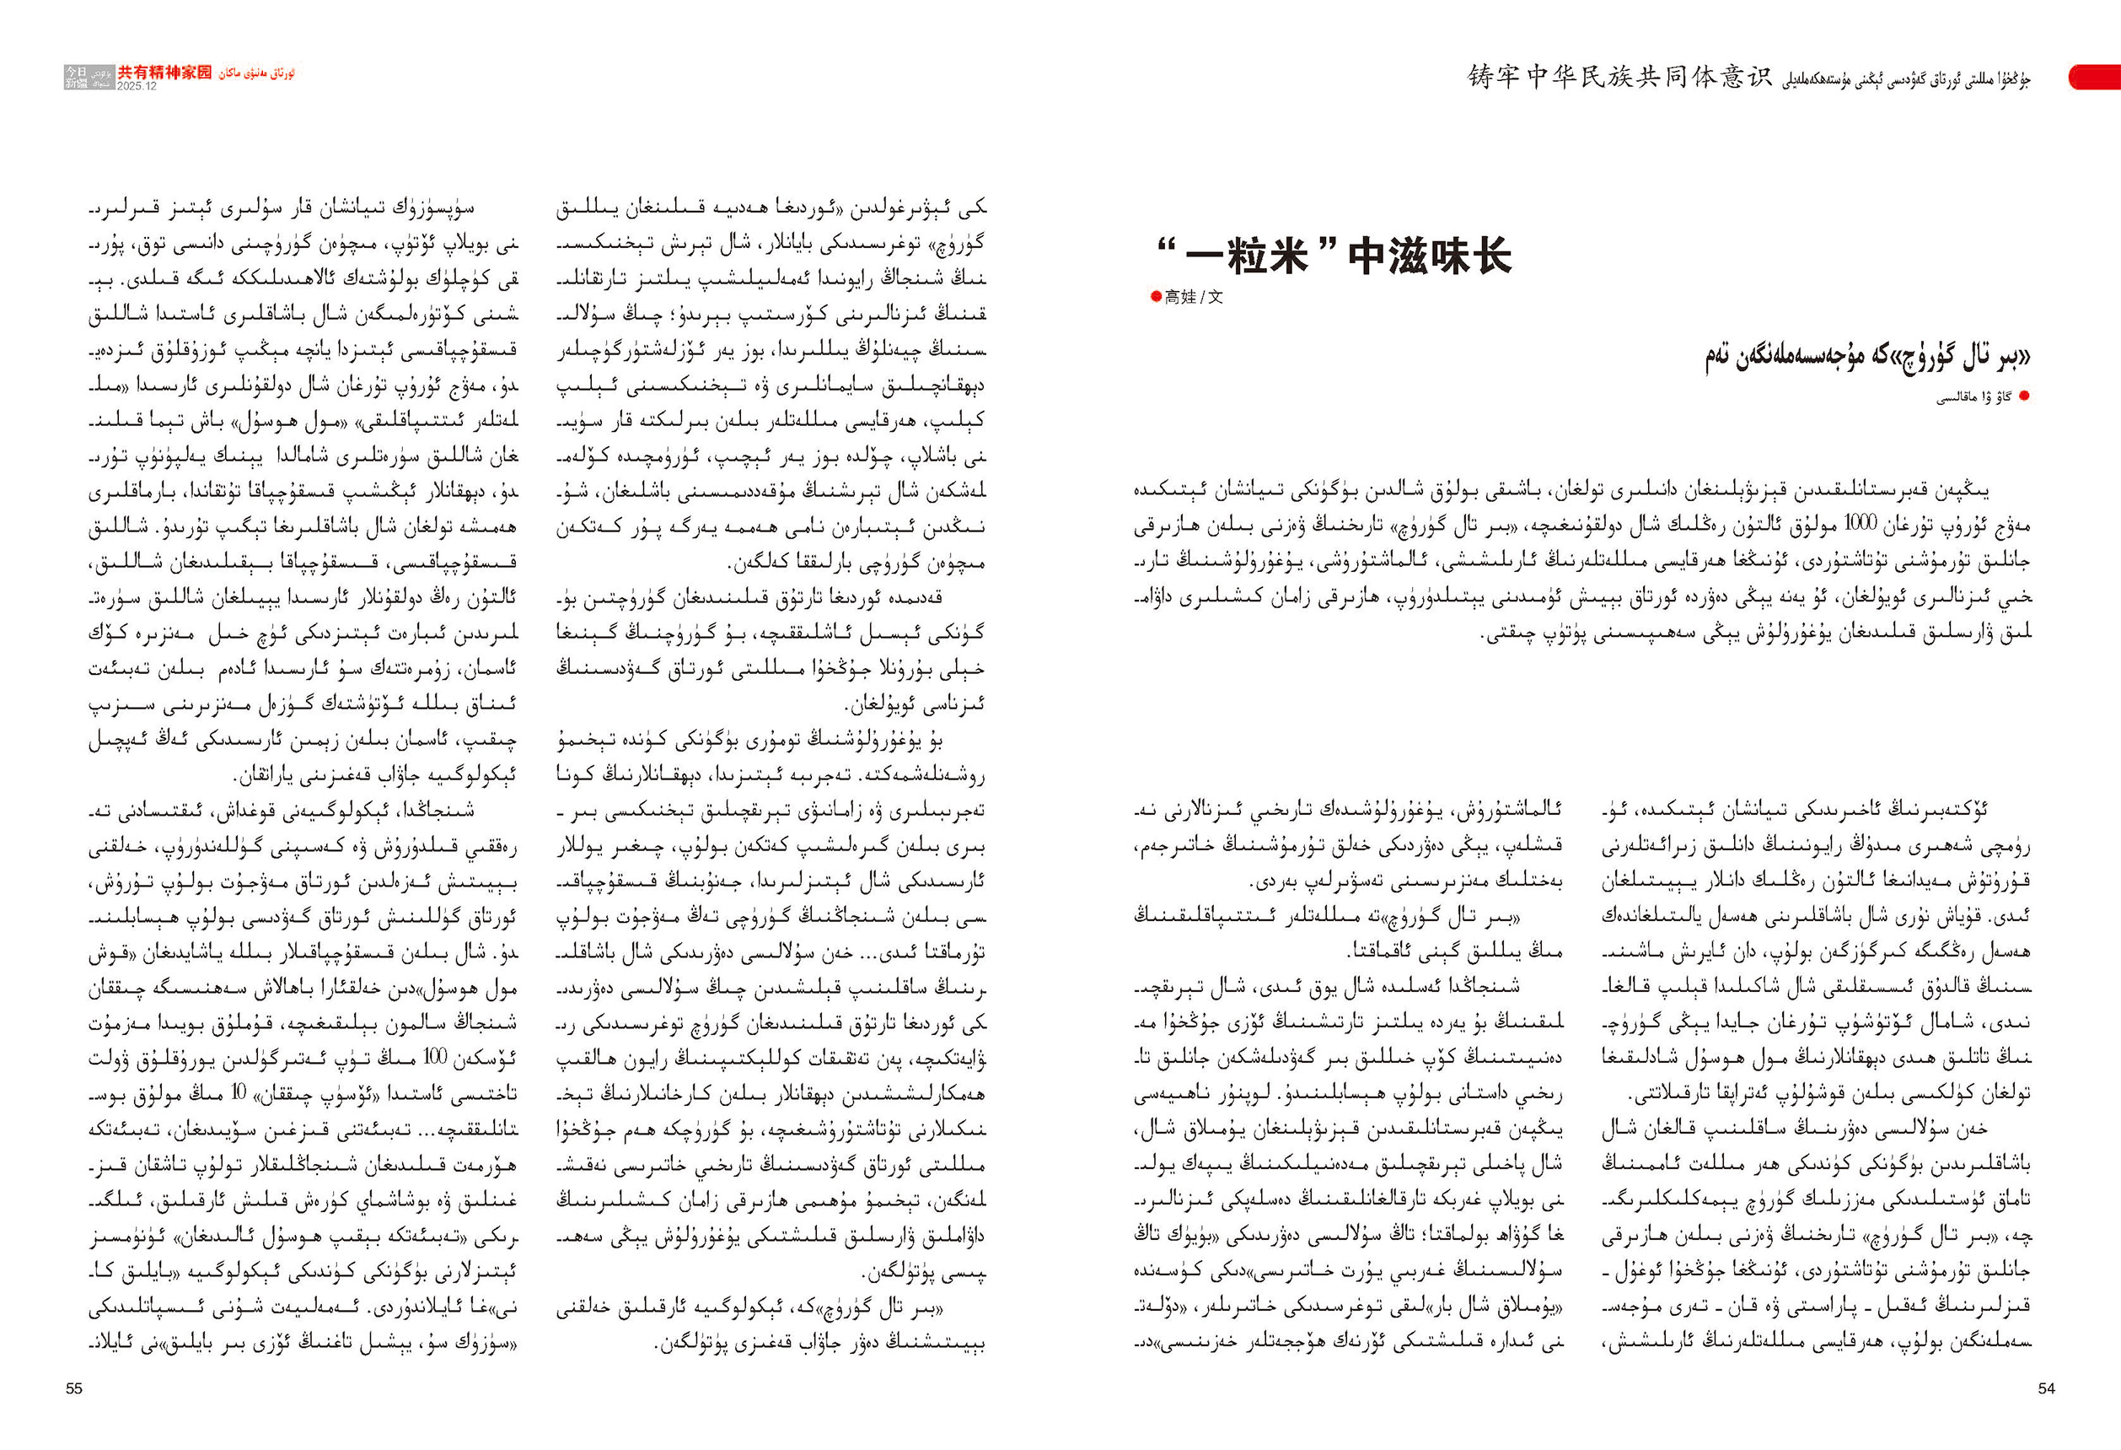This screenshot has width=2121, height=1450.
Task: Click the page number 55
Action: (x=74, y=1388)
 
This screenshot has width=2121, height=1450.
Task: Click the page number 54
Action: (x=2046, y=1388)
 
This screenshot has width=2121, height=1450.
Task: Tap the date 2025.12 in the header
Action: (x=137, y=86)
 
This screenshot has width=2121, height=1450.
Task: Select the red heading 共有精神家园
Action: (x=164, y=73)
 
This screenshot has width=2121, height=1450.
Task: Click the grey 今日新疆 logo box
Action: (x=77, y=77)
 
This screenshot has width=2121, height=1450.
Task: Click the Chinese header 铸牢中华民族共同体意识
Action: (x=1619, y=78)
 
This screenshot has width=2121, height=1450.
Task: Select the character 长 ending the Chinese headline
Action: (x=1489, y=256)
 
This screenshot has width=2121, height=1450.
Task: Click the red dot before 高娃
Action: (x=1157, y=297)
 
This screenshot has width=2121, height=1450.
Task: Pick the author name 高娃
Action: (x=1180, y=297)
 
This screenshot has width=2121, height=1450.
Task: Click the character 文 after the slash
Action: (x=1216, y=297)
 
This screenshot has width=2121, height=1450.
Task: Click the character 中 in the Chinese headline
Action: (x=1367, y=256)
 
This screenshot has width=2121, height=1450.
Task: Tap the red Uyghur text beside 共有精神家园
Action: (x=255, y=73)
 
